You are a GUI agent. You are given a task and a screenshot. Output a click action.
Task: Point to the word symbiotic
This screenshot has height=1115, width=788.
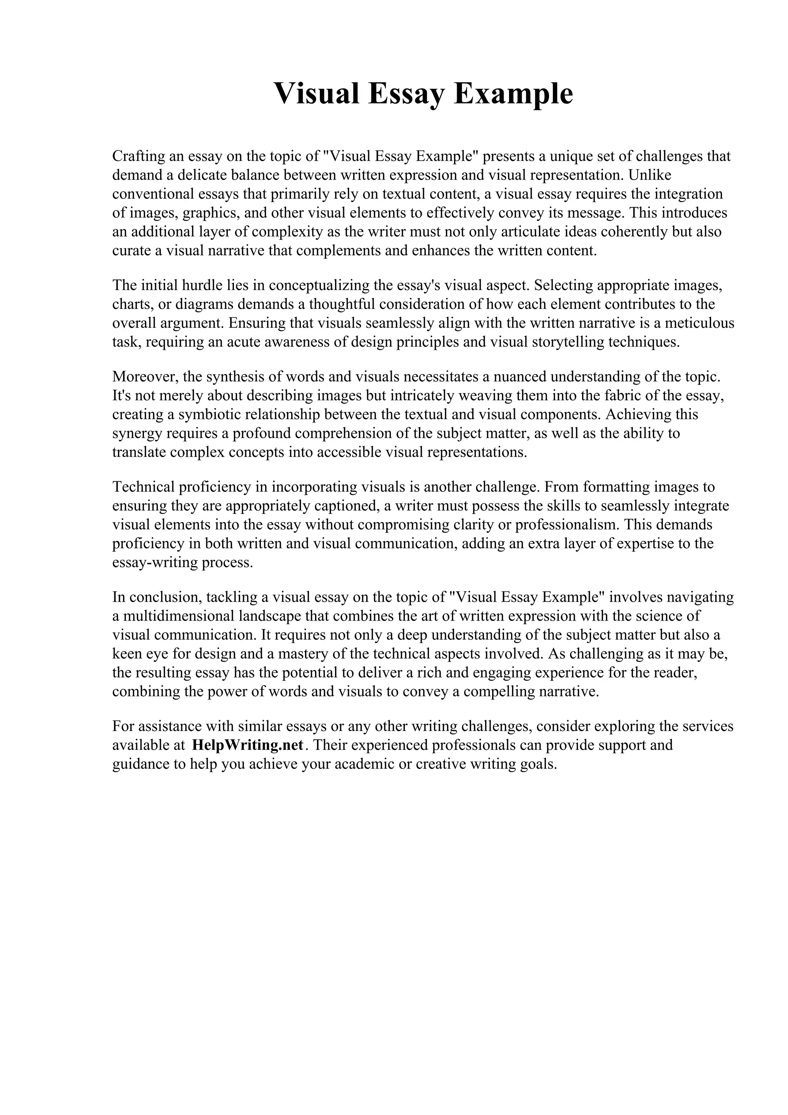[209, 414]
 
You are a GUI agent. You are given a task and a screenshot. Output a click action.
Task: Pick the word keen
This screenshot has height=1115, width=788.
[127, 654]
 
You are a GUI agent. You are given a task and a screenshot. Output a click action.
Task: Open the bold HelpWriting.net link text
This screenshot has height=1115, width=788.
[248, 745]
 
